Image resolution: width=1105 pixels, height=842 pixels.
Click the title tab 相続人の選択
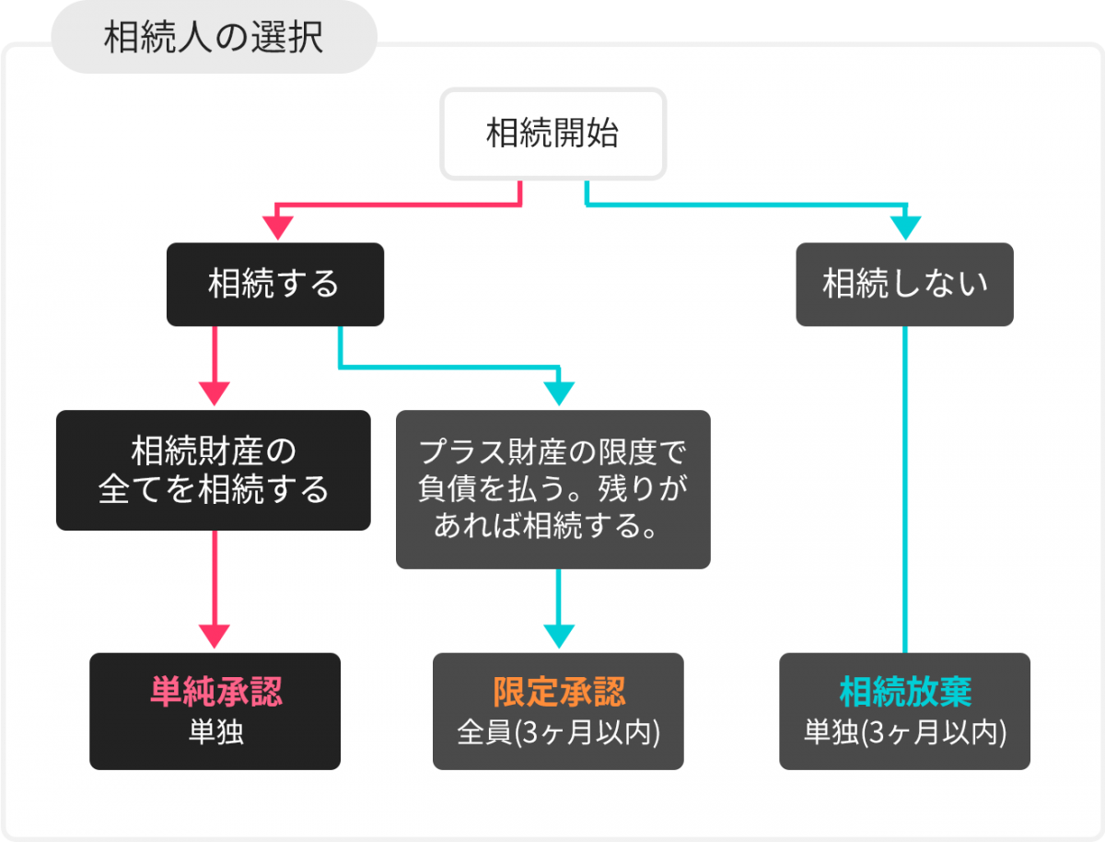point(214,38)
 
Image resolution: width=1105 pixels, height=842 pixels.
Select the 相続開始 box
point(552,134)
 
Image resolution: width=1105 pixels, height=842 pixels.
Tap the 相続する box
point(274,284)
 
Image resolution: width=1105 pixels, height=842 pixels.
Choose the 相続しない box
point(904,284)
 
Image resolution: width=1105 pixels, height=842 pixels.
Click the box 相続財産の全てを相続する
point(214,470)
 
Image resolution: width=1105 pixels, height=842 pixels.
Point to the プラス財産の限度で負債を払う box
point(552,488)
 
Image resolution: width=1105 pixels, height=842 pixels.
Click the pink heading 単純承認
point(215,691)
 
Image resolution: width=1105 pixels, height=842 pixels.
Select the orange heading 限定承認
point(558,691)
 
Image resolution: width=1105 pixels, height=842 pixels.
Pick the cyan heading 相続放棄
point(904,691)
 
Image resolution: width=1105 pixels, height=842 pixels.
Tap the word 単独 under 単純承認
point(215,732)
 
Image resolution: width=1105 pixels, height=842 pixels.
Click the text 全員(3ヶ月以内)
point(558,732)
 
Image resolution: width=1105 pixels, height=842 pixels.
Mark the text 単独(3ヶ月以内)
point(904,732)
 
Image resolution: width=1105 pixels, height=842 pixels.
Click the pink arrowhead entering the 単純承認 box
point(215,637)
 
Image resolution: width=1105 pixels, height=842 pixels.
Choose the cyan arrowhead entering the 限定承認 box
point(559,637)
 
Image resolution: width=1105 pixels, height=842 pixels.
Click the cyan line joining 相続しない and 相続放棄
point(905,488)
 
